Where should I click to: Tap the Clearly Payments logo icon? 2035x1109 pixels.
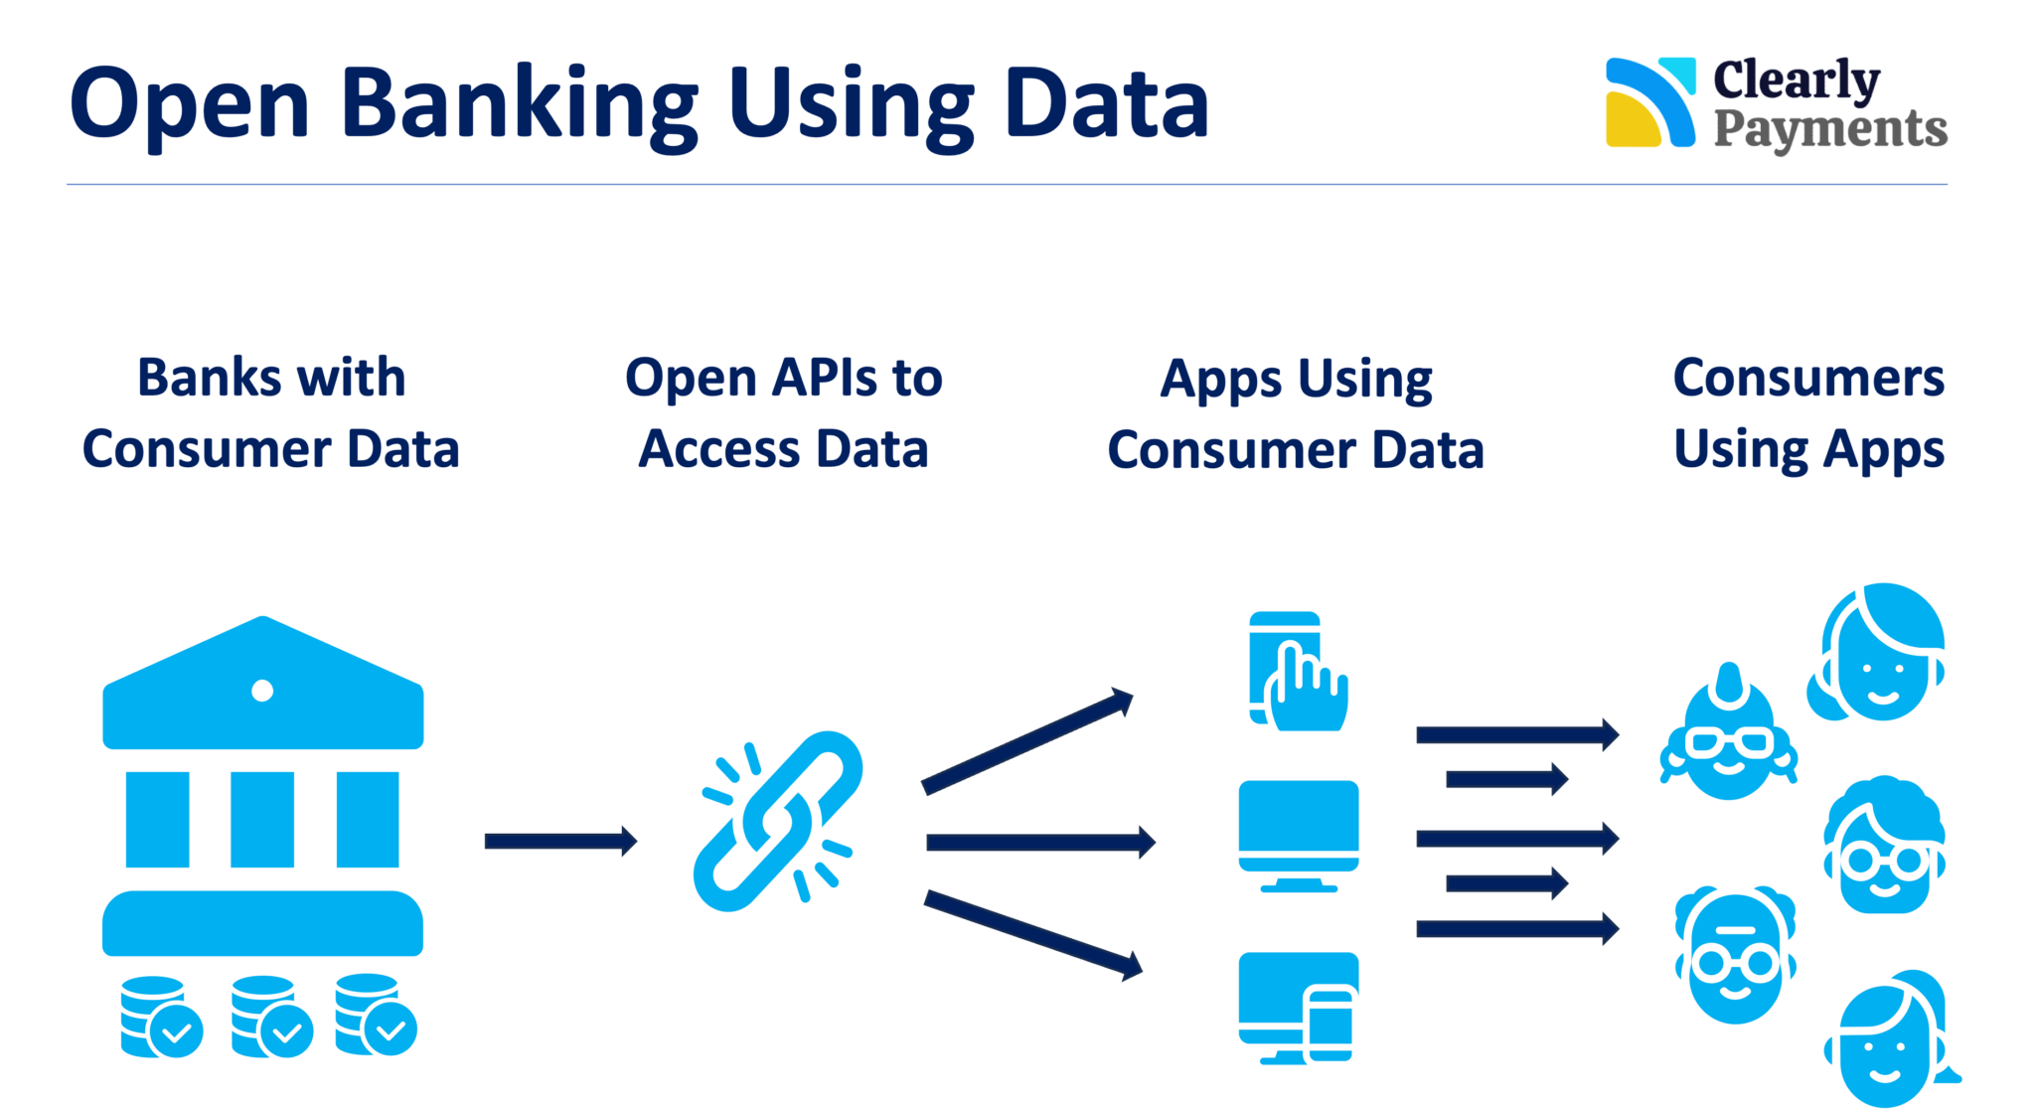coord(1649,103)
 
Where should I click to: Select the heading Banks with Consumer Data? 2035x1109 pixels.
coord(270,413)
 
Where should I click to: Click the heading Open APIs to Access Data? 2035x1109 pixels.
coord(783,413)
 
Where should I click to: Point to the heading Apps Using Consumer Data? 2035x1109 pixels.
coord(1296,414)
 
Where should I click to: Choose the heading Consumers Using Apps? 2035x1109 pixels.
coord(1808,413)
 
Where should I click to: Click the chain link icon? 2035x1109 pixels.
coord(778,821)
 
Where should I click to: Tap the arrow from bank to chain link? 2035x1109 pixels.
coord(560,841)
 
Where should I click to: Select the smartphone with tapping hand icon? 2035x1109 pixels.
coord(1297,672)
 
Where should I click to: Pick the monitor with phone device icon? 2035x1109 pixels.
coord(1299,1008)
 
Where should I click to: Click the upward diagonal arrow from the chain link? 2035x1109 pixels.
coord(1027,740)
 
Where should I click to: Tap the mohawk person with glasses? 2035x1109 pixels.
coord(1728,735)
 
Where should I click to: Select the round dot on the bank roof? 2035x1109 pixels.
coord(262,691)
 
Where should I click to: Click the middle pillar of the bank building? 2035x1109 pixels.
coord(262,819)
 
